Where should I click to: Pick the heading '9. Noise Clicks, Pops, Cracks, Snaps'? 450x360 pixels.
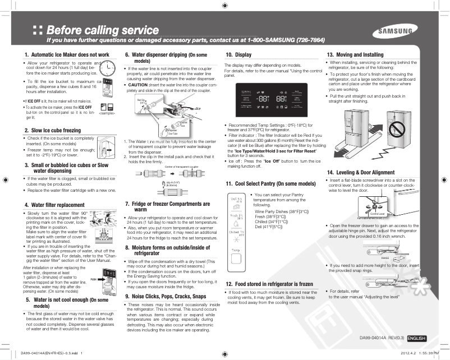click(x=166, y=296)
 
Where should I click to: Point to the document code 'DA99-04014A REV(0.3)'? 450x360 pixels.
click(x=382, y=338)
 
